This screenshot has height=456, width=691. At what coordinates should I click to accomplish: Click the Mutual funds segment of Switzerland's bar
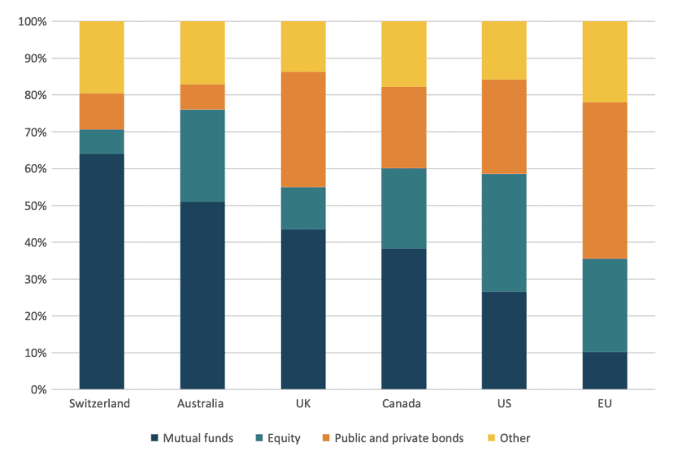click(x=102, y=271)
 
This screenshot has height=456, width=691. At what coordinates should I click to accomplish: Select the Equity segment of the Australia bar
click(x=202, y=156)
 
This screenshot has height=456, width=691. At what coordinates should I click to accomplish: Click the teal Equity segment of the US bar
click(x=504, y=233)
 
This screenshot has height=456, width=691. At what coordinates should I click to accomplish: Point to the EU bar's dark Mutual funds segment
click(x=605, y=371)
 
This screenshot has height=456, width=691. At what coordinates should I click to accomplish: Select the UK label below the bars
click(x=303, y=404)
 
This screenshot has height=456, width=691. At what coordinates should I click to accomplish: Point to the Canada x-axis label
click(x=404, y=404)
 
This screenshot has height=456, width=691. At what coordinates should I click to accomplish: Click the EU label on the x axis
click(x=605, y=404)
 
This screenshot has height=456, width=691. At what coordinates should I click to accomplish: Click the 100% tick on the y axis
click(x=33, y=21)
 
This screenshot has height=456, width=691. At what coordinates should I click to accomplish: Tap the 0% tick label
click(x=39, y=389)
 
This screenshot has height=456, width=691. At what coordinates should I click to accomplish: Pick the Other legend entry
click(x=508, y=438)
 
